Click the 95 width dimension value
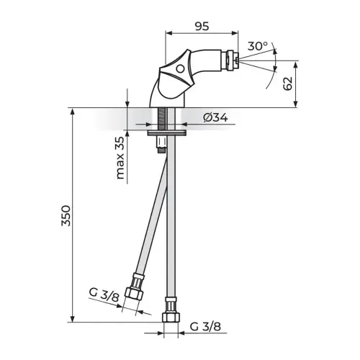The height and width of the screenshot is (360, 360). pos(202,26)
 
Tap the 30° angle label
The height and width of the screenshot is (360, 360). pos(258,46)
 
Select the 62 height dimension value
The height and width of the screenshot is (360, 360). pos(287,84)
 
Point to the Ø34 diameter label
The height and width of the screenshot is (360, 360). pos(215,117)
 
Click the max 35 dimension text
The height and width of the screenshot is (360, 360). pos(120,158)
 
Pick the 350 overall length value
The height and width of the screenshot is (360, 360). pos(66,215)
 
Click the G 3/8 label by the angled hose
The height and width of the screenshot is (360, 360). pos(104,294)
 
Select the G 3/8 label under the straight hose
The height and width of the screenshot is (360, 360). pos(205,327)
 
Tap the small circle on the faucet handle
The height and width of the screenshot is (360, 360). pos(179,69)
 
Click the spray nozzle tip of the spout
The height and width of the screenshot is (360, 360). pos(238,60)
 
